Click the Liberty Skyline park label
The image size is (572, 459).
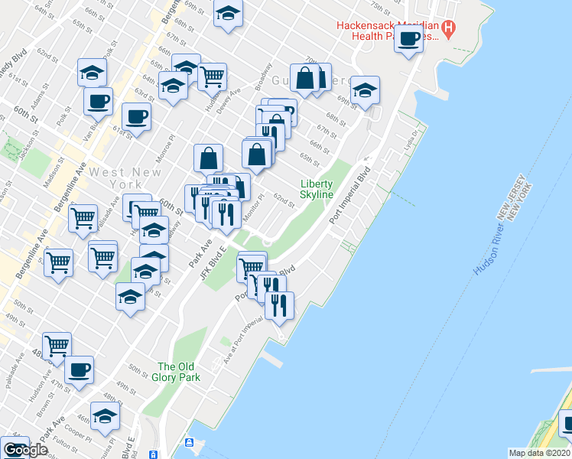coord(317,189)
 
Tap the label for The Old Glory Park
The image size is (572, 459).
coord(178,372)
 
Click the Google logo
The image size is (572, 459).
coord(25,450)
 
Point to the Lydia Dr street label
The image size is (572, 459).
coord(412,141)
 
